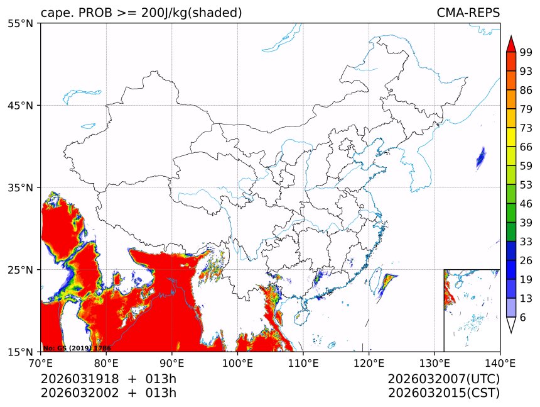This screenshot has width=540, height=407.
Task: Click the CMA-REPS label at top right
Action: (x=468, y=13)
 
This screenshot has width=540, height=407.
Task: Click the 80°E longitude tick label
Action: (x=106, y=363)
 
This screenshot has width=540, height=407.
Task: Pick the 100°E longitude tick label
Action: (x=237, y=363)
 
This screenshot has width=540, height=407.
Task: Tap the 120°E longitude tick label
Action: (x=369, y=363)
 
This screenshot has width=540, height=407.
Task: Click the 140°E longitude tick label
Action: (x=500, y=363)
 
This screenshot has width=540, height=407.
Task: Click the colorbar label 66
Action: (x=526, y=147)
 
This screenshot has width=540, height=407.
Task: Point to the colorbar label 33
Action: (x=526, y=242)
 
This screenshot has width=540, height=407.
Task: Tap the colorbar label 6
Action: (x=523, y=317)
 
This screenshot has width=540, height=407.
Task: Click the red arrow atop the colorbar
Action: (x=510, y=43)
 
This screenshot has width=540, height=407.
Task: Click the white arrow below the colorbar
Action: (x=510, y=325)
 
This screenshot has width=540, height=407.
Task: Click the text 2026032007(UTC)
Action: (x=443, y=379)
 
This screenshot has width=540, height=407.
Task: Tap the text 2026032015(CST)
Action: (x=443, y=393)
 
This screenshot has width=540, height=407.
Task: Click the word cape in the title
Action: (x=53, y=13)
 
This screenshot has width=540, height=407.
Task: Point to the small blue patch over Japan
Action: (x=481, y=157)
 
